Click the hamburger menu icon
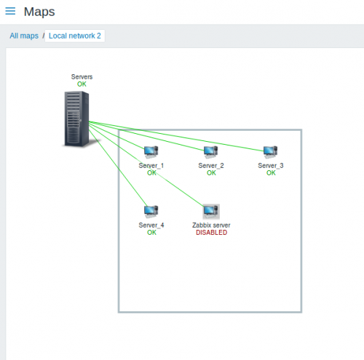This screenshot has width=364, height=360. [x=10, y=11]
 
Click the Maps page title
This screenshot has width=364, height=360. [x=39, y=12]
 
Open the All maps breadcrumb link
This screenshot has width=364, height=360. [x=24, y=36]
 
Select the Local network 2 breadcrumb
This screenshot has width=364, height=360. [x=75, y=36]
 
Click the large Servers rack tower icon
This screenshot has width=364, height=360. [x=76, y=119]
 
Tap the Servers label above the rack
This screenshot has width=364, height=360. [x=82, y=77]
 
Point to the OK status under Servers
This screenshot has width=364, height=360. [x=82, y=84]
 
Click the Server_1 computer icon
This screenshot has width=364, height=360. [x=151, y=152]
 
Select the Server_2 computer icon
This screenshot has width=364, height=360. [x=210, y=152]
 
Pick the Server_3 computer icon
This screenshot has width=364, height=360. [x=270, y=152]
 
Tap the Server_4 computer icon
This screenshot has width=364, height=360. [x=151, y=212]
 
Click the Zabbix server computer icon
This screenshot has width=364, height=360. [x=211, y=212]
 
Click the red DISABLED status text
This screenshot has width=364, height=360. [x=212, y=233]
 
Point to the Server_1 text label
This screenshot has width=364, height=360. [x=151, y=166]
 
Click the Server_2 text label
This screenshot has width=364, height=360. [x=211, y=166]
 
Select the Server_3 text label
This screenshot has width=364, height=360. [x=271, y=166]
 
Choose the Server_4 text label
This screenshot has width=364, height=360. [x=151, y=225]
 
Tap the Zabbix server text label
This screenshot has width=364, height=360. [x=211, y=225]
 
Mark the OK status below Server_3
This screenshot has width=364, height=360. [x=271, y=173]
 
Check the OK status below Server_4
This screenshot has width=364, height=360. [x=151, y=233]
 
